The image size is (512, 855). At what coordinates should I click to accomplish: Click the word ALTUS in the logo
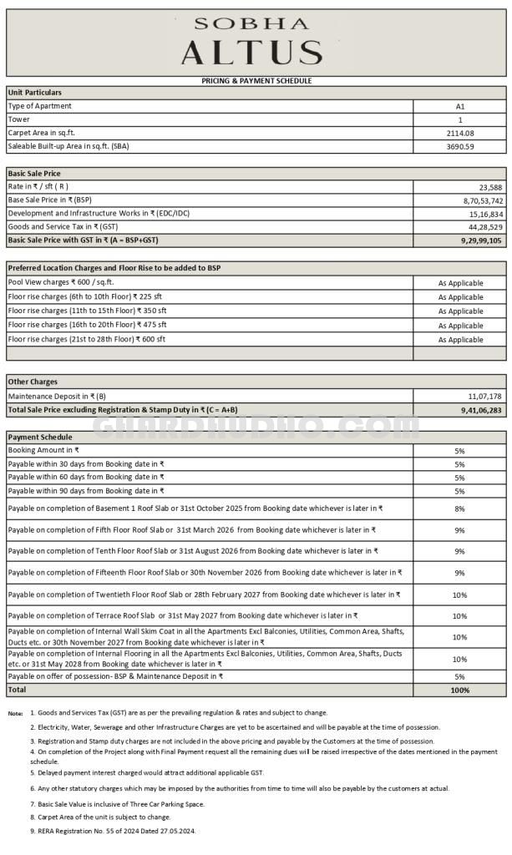coord(252,53)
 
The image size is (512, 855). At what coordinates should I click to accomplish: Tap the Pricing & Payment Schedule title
coord(256,81)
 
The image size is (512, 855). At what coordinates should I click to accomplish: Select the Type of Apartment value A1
coord(459,106)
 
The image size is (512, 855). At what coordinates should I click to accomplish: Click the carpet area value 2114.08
coord(459,133)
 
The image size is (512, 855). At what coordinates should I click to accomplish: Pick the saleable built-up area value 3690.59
coord(459,146)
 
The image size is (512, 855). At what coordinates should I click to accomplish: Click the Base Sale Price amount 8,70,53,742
coord(478,200)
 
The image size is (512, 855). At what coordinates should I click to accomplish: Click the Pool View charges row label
coord(61,282)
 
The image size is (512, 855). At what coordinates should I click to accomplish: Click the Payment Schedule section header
coord(40,437)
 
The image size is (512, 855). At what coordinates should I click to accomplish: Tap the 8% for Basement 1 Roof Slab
coord(459,508)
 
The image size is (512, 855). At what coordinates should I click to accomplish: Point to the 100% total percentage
coord(459,691)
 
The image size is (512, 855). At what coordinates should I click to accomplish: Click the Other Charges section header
coord(33,382)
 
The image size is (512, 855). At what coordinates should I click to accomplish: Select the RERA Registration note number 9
coord(112,831)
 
